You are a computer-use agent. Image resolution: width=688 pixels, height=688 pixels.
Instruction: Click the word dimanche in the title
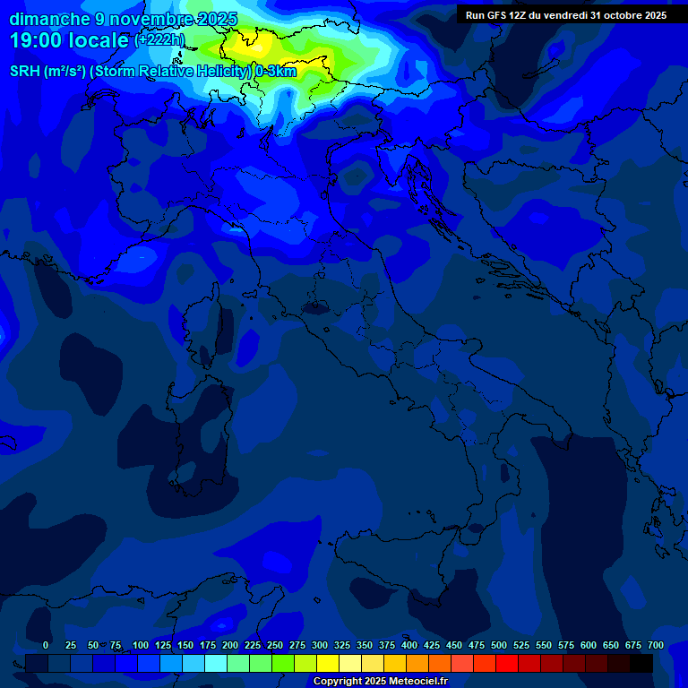point(48,19)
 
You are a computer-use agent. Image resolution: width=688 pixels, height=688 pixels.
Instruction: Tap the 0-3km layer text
point(275,72)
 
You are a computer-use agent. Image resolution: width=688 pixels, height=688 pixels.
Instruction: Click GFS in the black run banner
point(496,15)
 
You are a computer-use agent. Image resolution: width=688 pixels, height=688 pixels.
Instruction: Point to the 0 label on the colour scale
point(46,645)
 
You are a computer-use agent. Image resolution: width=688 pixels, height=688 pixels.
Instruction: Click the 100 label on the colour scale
point(141,645)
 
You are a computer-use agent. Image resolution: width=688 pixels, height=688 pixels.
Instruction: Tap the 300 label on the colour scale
point(320,645)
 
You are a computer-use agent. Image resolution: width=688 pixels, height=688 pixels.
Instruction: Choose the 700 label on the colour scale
point(656,645)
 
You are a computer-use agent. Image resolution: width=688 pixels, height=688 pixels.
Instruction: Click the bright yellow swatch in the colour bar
point(328,663)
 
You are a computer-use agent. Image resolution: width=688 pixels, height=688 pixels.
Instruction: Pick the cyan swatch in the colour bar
point(216,663)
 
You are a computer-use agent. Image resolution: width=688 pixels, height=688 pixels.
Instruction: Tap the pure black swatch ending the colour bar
point(641,663)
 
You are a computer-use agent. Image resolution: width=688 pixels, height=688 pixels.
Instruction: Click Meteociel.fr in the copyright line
point(417,682)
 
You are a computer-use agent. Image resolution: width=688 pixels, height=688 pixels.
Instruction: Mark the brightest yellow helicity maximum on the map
point(242,40)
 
